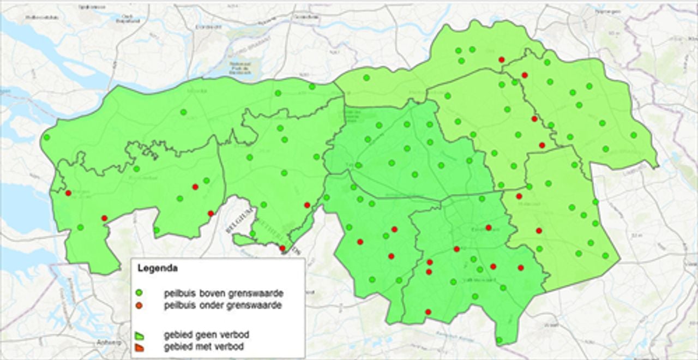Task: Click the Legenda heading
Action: point(157,268)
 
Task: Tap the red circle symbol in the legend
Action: point(139,305)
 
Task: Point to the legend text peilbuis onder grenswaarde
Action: point(222,305)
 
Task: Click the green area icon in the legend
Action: point(139,334)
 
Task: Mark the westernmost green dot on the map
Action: point(47,137)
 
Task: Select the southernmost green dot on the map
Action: point(499,340)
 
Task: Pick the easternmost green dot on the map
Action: point(634,135)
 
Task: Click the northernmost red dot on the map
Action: point(502,59)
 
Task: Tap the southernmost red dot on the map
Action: point(428,312)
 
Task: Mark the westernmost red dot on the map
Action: point(68,193)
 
